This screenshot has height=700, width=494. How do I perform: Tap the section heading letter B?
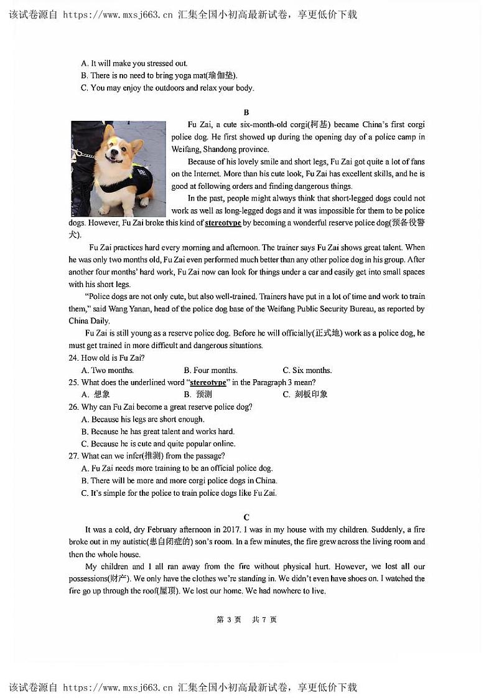[x=246, y=113]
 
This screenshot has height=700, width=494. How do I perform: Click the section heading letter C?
[x=246, y=518]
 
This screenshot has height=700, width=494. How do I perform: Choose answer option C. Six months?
[x=307, y=370]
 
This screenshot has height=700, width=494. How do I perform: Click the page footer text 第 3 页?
[x=228, y=620]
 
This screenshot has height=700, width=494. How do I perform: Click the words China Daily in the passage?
[x=88, y=321]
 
